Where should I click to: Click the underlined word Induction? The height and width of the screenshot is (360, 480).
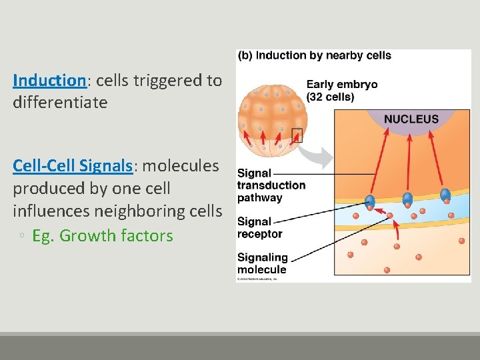(49, 81)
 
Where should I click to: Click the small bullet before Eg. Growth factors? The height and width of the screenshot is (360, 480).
(22, 237)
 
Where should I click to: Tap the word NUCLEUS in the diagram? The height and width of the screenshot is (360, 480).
(411, 119)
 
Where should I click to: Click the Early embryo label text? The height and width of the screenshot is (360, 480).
(341, 90)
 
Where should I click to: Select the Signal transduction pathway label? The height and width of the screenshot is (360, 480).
(271, 185)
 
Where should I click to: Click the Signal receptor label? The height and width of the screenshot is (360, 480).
(260, 227)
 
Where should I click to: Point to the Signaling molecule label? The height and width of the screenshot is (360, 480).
(263, 263)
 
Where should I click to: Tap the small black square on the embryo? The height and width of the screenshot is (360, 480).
(297, 135)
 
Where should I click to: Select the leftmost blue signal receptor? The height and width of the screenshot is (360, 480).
(370, 201)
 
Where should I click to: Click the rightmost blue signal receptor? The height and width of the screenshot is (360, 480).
(445, 195)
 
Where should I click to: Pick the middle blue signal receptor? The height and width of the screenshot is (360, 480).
(407, 199)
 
